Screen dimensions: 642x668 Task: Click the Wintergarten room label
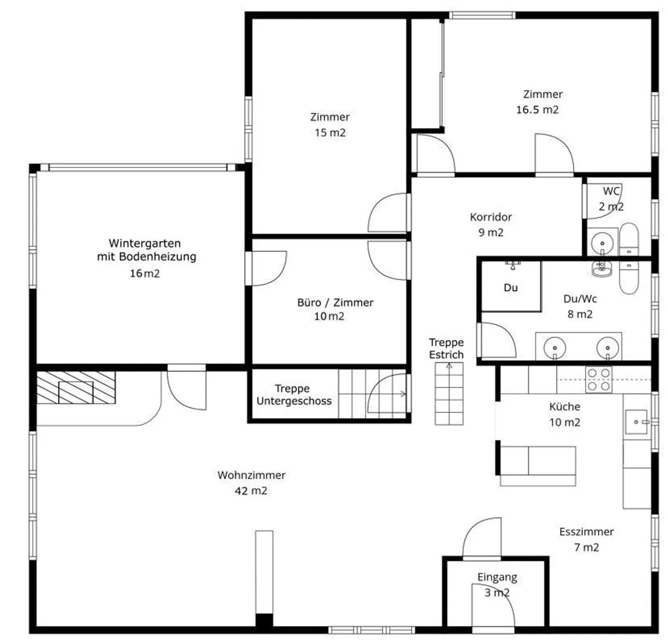pos(145,243)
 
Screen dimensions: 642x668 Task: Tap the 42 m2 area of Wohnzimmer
pos(251,491)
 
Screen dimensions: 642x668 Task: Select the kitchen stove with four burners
pos(598,379)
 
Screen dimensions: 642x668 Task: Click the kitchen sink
pos(636,422)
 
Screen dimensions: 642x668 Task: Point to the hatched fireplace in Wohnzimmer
pos(76,387)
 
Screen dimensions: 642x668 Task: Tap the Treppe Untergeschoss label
pos(294,395)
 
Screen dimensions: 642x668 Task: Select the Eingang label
pos(497,577)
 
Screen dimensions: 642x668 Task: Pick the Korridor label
pos(491,217)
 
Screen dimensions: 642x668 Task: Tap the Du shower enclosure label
pos(510,288)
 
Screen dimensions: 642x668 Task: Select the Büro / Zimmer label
pos(335,302)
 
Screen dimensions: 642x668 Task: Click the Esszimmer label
pos(586,532)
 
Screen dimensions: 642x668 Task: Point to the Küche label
pos(565,407)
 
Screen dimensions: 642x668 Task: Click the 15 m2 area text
pos(330,133)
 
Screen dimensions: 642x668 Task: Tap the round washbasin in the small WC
pos(602,243)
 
